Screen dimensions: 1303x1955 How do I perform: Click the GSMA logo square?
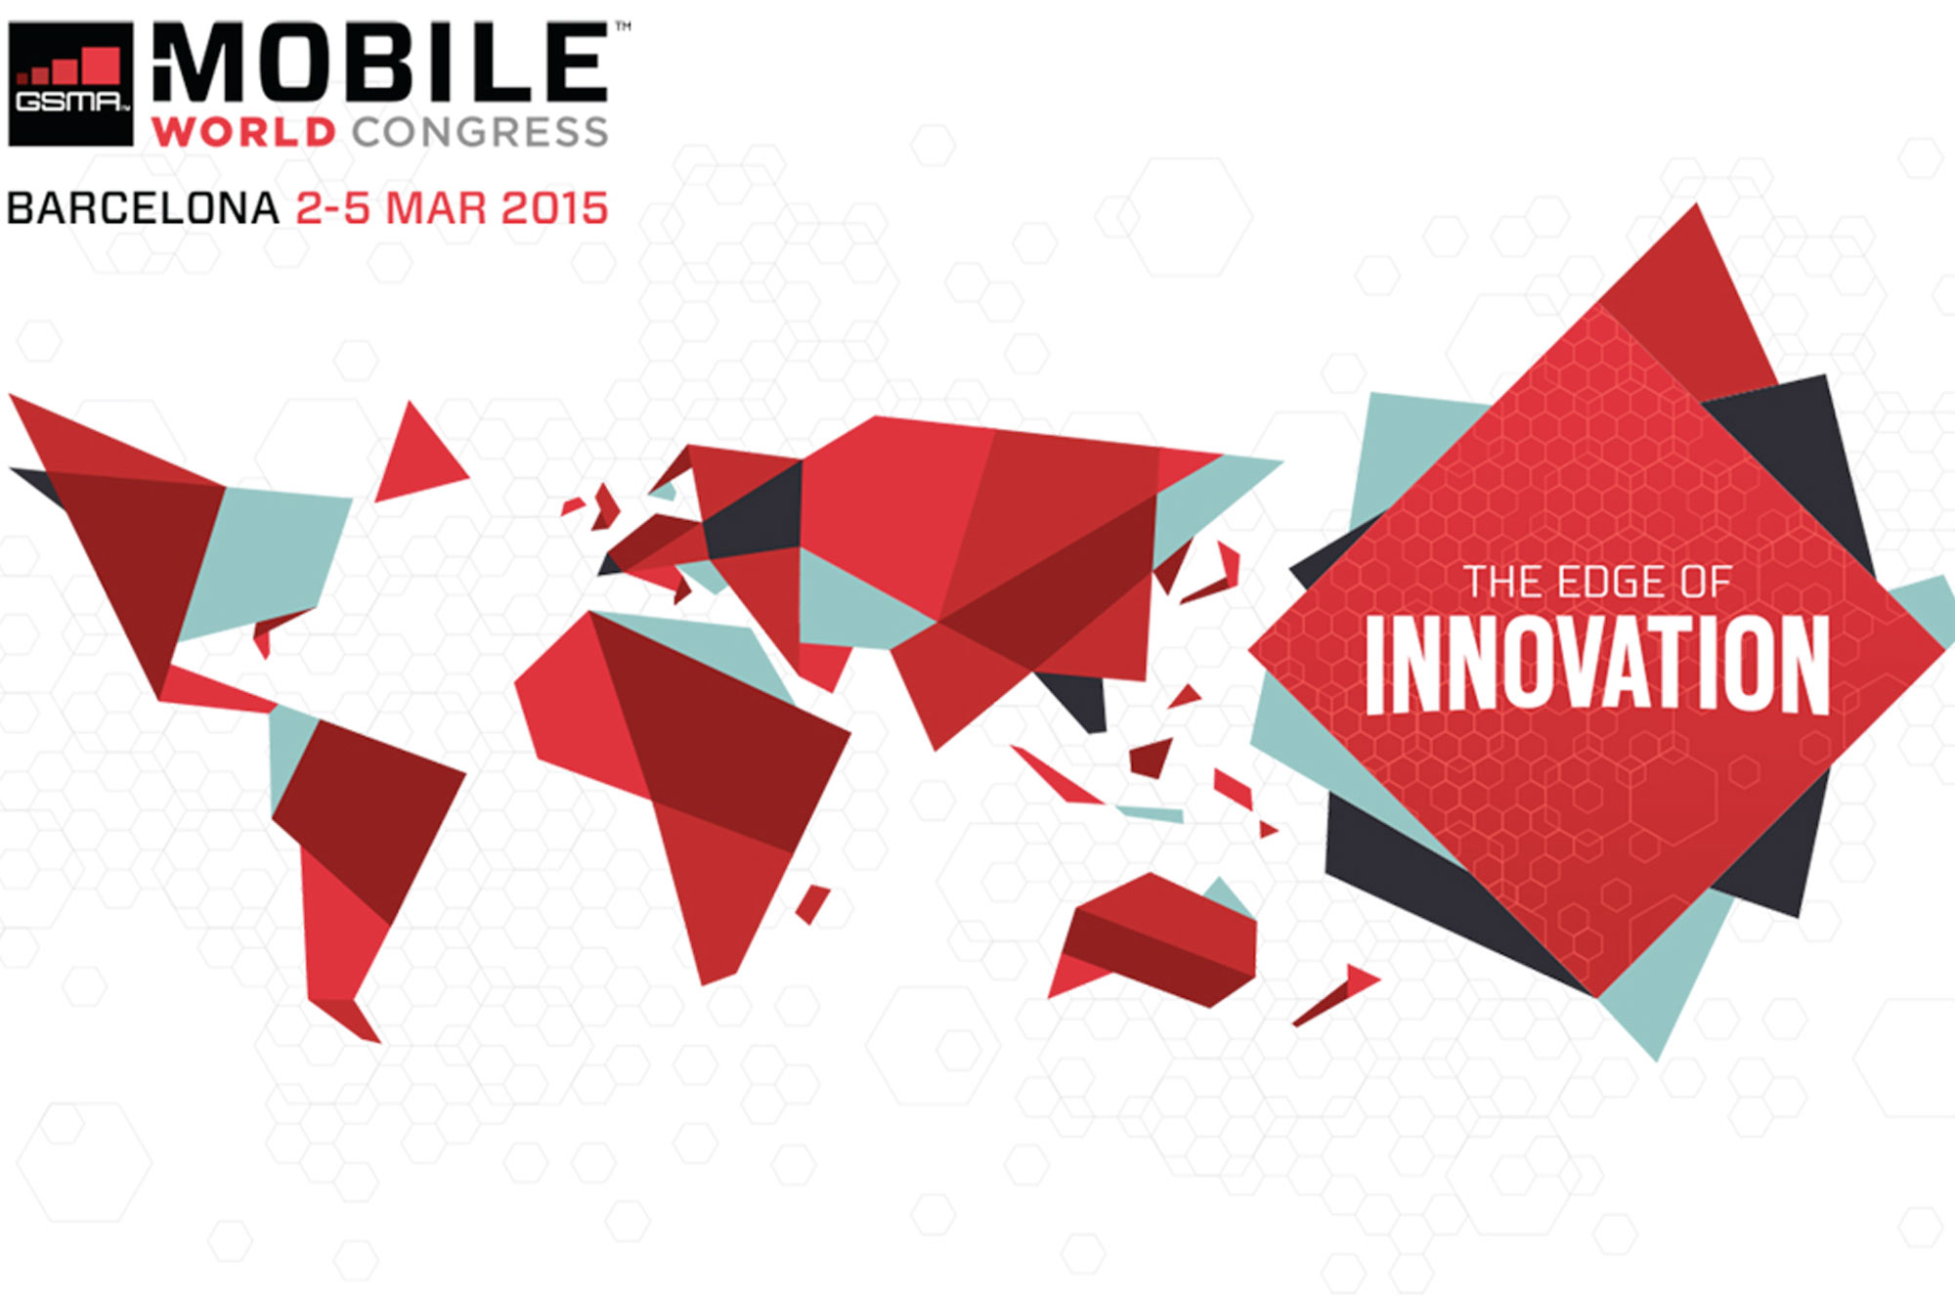(x=70, y=84)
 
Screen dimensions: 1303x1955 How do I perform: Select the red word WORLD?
(x=244, y=132)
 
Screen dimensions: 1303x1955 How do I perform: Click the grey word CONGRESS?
(x=480, y=132)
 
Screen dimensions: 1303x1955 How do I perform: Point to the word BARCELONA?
(x=143, y=209)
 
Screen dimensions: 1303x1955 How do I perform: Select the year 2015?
(x=554, y=209)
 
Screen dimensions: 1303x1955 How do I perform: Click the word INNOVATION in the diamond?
(x=1596, y=665)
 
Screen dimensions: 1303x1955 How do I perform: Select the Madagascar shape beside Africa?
(x=812, y=903)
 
